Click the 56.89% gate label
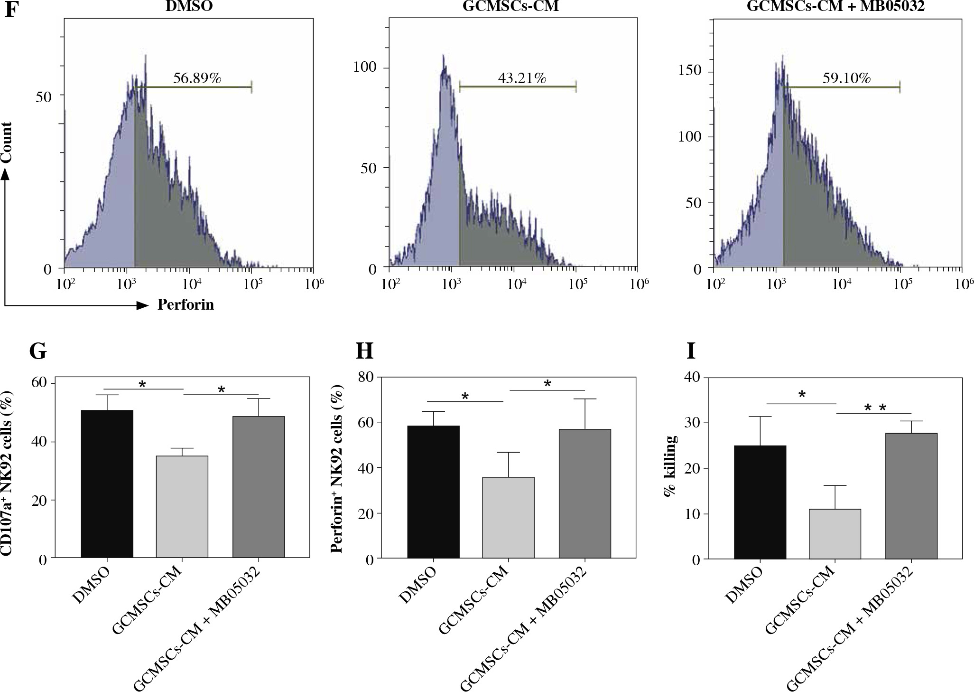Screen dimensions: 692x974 [197, 78]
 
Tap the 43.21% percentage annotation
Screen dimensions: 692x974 [521, 78]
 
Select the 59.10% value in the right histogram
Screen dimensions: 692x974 [846, 78]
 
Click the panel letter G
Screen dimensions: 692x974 [38, 351]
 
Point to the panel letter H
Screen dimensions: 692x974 [365, 351]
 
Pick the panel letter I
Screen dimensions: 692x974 [691, 351]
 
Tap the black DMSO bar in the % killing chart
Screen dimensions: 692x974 [760, 502]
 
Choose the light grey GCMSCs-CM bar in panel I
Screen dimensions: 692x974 [835, 534]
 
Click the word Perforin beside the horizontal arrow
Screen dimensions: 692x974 [186, 304]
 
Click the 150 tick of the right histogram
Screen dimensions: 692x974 [691, 70]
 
